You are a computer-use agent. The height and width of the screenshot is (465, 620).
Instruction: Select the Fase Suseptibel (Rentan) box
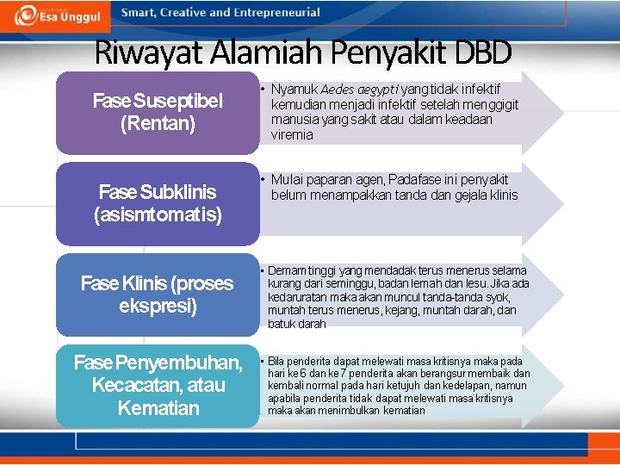click(x=158, y=113)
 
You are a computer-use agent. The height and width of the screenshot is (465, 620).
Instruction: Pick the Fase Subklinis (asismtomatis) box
click(x=158, y=202)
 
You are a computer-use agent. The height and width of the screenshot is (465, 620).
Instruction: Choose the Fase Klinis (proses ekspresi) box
click(x=158, y=294)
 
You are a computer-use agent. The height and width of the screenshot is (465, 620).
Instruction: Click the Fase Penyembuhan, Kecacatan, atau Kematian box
click(x=158, y=385)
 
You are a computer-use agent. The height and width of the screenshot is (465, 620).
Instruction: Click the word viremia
click(x=293, y=135)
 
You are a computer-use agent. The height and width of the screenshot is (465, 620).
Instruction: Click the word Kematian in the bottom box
click(x=158, y=407)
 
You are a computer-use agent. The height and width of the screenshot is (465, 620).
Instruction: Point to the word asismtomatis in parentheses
click(x=158, y=214)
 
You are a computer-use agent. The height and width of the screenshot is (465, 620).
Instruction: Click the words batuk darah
click(x=297, y=324)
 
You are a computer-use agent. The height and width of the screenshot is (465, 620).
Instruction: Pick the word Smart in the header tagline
click(x=138, y=13)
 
